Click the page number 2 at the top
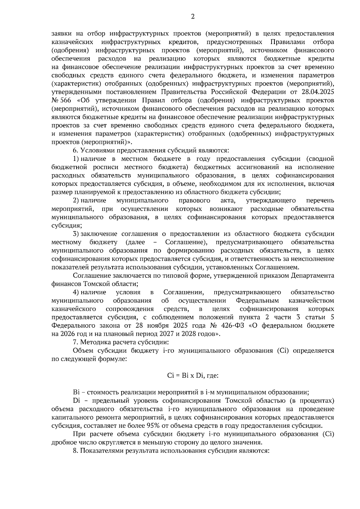point(193,17)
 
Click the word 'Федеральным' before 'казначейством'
point(257,300)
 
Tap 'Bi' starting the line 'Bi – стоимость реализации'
point(76,392)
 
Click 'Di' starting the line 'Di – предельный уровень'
point(76,400)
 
